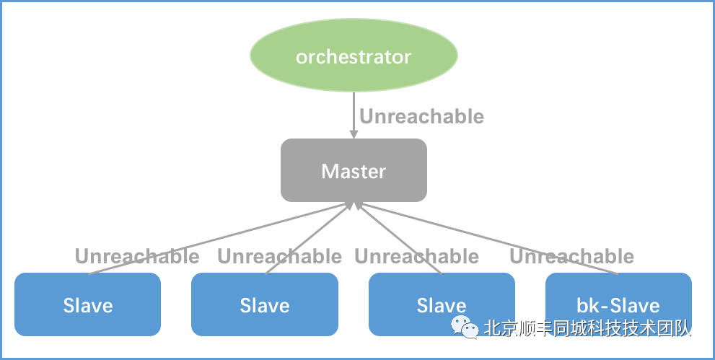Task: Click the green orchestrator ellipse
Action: [x=354, y=56]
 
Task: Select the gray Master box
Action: [x=354, y=170]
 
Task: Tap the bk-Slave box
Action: [x=618, y=304]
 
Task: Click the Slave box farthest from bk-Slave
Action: [x=87, y=304]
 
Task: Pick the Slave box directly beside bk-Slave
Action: [x=442, y=304]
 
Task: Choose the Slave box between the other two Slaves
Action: [x=264, y=304]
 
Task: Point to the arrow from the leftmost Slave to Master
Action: [x=216, y=240]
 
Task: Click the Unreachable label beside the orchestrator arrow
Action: [x=421, y=116]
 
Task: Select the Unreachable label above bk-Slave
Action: [x=571, y=256]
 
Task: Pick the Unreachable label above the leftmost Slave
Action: [x=137, y=256]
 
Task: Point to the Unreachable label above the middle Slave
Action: [x=279, y=256]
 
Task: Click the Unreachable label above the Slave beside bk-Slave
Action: [x=416, y=256]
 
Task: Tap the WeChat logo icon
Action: [x=465, y=328]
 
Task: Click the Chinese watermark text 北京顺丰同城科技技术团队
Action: [x=587, y=328]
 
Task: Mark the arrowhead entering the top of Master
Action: [x=354, y=133]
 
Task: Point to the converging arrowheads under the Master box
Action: [x=354, y=207]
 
